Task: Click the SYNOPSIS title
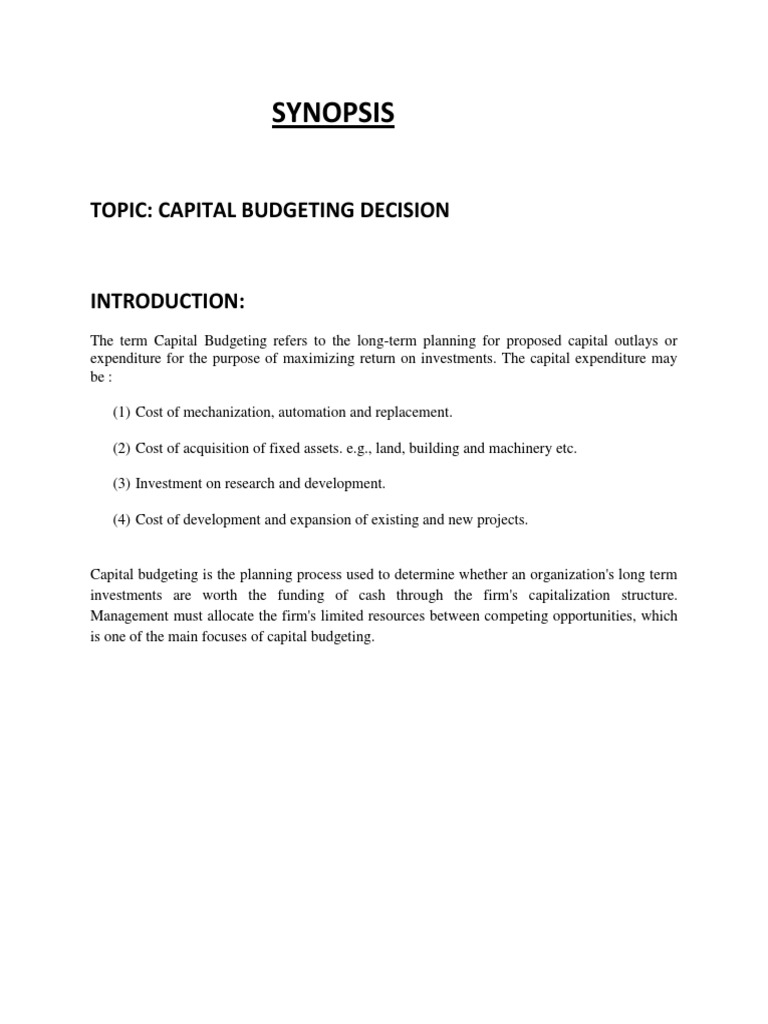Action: tap(334, 114)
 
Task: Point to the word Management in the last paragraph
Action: tap(128, 616)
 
